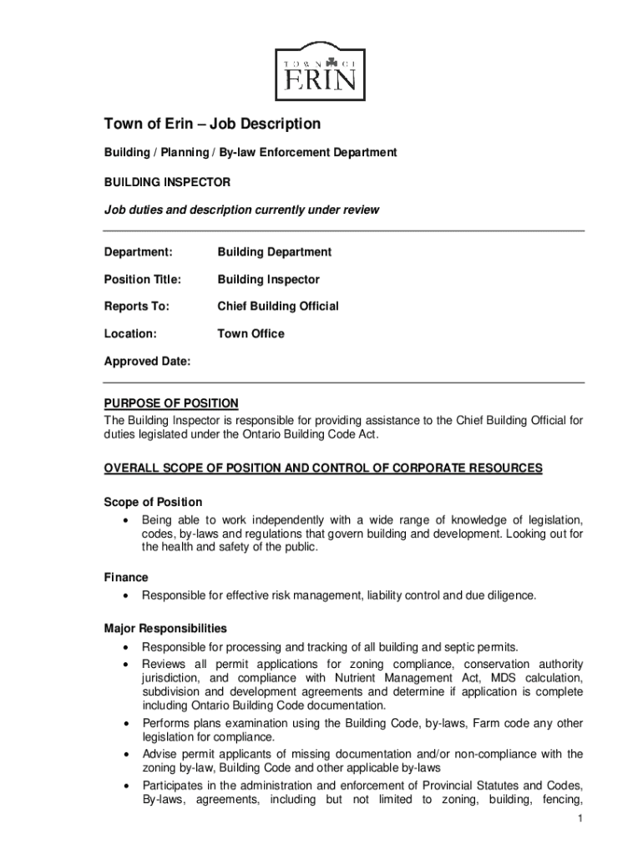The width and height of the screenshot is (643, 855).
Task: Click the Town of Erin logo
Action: pos(320,71)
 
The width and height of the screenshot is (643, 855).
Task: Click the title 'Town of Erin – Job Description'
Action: pos(212,124)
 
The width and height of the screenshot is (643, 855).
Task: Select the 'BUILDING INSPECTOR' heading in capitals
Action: pos(167,181)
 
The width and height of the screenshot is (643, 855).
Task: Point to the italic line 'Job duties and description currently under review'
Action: pos(241,210)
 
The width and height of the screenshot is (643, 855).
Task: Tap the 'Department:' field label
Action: pos(138,252)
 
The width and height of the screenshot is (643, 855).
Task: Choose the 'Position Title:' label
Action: pos(142,279)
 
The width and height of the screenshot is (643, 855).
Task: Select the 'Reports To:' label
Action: pos(136,306)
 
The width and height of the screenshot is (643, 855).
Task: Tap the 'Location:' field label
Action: pos(130,333)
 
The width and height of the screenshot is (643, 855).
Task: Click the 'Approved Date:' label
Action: pos(147,362)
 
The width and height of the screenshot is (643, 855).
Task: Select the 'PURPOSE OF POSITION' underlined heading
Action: pos(171,403)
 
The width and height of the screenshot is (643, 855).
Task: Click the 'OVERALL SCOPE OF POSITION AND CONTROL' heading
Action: pos(322,468)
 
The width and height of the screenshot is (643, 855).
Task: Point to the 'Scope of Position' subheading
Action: pos(153,502)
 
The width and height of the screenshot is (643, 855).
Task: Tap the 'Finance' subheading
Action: pos(126,577)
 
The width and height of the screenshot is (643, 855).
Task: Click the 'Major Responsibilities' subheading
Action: pos(165,628)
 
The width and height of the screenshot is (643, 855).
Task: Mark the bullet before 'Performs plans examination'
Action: pos(125,724)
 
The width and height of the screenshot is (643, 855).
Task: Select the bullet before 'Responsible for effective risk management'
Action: pos(125,596)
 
